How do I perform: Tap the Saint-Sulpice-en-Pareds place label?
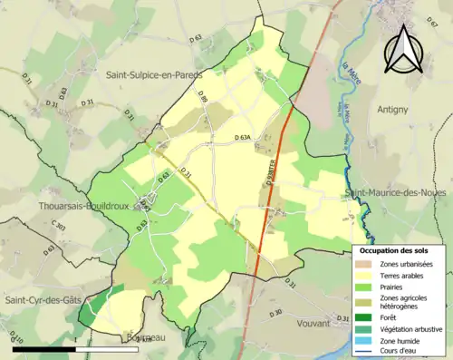(x=154, y=74)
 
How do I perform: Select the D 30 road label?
(x=277, y=313)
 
